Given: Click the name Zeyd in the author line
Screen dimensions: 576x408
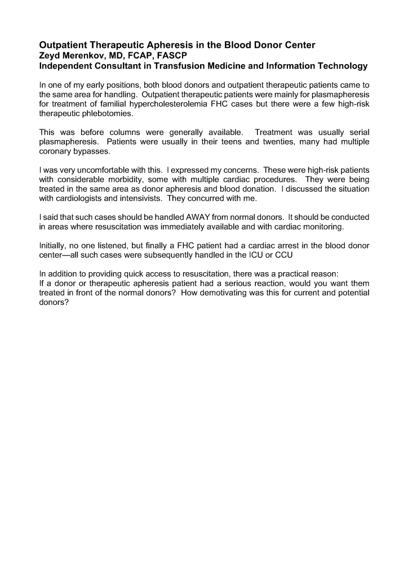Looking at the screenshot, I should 50,55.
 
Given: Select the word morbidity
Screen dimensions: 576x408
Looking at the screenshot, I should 119,179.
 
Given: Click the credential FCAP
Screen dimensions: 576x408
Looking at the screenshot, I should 143,55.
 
